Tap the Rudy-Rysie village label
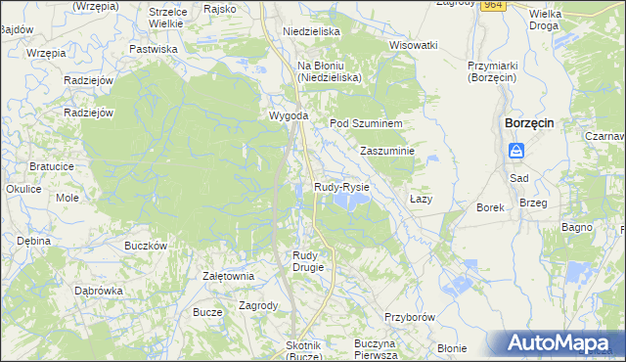click(341, 186)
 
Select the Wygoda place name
click(290, 116)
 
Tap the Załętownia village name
click(228, 276)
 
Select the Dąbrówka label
click(99, 291)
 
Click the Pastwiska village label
click(154, 48)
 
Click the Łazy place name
click(421, 199)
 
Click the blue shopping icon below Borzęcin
click(517, 151)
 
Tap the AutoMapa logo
click(559, 343)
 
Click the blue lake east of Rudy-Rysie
click(350, 201)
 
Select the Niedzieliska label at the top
click(310, 31)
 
